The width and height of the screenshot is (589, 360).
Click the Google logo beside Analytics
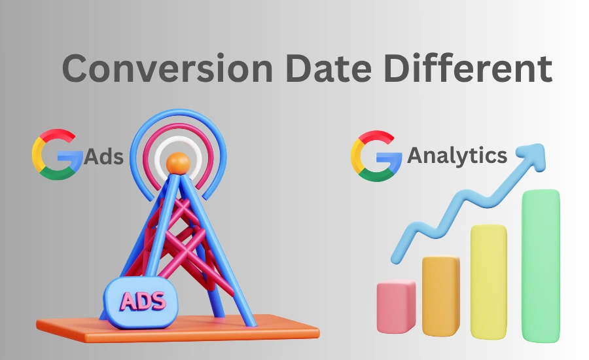376,154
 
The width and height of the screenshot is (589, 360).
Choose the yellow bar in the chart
488,281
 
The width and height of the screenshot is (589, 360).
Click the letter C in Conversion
76,69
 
